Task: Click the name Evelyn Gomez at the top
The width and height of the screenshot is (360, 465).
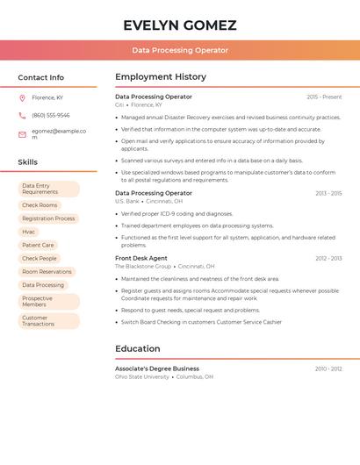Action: point(180,25)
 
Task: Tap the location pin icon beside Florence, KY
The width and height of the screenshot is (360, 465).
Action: point(22,97)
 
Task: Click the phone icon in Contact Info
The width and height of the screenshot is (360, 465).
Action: point(22,115)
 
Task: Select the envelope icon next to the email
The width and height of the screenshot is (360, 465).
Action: point(22,134)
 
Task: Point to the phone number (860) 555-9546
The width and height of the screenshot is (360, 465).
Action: point(50,115)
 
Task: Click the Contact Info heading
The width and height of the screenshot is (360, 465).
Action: point(40,77)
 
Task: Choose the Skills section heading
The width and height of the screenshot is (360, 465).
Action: point(27,162)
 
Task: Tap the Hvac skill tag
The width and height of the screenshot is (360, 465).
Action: point(29,232)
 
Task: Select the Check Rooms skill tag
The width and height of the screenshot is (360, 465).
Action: point(40,205)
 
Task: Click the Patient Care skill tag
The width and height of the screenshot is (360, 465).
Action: point(38,245)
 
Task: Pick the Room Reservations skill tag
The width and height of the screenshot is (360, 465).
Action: point(47,272)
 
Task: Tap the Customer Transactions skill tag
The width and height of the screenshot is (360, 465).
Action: point(39,321)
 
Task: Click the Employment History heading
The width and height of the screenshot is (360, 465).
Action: point(161,77)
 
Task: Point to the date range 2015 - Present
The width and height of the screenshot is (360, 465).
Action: point(324,97)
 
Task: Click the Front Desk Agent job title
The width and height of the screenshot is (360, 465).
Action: point(141,258)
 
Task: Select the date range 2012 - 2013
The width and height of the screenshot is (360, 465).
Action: point(328,258)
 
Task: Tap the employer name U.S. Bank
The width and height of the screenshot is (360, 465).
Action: point(127,201)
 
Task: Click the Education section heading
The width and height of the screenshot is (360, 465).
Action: point(138,348)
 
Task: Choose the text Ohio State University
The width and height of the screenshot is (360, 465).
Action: point(142,376)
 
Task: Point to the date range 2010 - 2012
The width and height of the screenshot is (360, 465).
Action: point(328,368)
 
